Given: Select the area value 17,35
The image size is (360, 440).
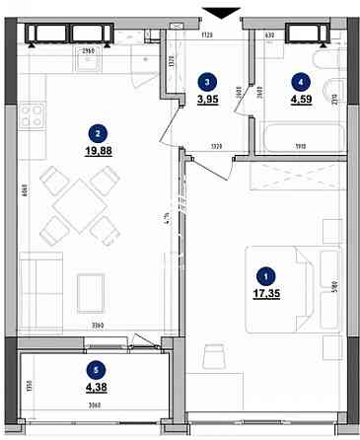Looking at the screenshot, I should coord(262,295).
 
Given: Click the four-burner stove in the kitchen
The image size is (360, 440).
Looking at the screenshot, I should coord(33,116).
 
